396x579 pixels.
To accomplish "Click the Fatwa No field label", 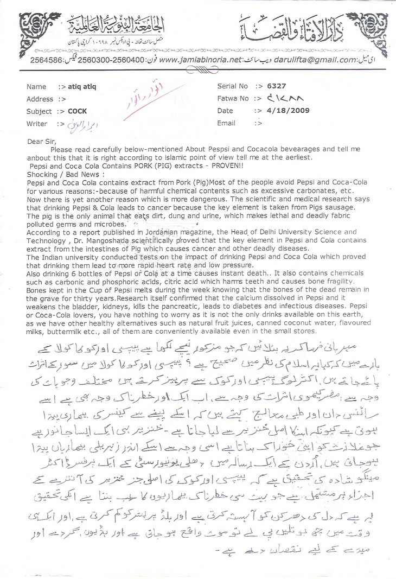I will [233, 99].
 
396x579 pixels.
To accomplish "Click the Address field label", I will [40, 99].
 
